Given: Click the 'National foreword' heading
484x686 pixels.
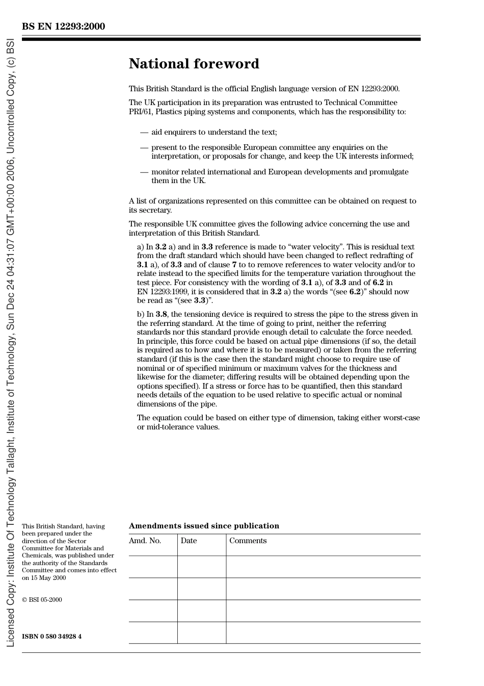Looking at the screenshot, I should (x=194, y=64).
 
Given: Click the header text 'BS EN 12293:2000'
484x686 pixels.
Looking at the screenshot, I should (x=64, y=27).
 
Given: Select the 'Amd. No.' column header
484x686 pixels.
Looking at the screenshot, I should (x=145, y=541).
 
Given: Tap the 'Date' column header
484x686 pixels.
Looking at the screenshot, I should (x=189, y=541).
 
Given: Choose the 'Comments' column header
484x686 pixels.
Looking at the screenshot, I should (x=248, y=541).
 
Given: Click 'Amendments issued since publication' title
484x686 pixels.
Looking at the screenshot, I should (x=204, y=526).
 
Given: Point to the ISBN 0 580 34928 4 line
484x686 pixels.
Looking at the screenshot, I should (x=51, y=637).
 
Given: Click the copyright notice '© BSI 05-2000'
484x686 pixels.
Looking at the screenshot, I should (x=42, y=600).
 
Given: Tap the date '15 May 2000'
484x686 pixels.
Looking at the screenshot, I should (x=49, y=578).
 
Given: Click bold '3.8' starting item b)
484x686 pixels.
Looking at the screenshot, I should (x=161, y=314).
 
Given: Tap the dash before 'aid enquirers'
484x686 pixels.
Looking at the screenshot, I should (x=144, y=132).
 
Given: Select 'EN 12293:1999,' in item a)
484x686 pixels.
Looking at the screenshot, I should (x=163, y=292).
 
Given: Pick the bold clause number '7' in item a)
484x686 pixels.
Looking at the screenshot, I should (x=234, y=265).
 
